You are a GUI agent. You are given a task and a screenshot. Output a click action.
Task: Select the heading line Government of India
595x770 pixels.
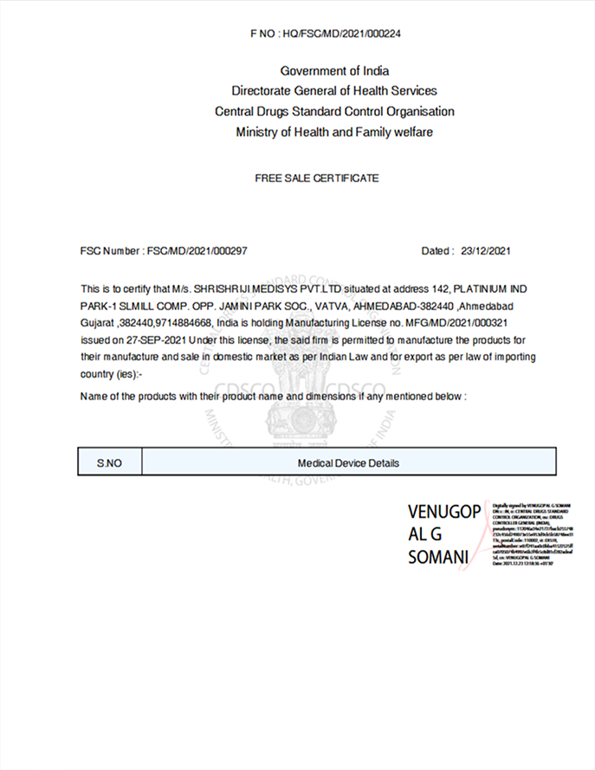pyautogui.click(x=334, y=70)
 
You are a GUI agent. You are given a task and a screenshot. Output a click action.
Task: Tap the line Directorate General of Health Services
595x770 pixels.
pyautogui.click(x=334, y=91)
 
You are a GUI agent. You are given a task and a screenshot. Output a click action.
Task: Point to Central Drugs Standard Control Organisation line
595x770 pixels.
pyautogui.click(x=334, y=112)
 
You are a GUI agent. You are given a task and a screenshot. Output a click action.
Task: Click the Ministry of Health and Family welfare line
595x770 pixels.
pyautogui.click(x=334, y=133)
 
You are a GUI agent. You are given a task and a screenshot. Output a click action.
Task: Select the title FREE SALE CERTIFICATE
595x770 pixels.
pyautogui.click(x=317, y=178)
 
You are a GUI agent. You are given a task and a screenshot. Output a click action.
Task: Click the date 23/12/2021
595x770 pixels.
pyautogui.click(x=487, y=251)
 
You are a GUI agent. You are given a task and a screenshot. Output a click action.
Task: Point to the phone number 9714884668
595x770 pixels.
pyautogui.click(x=186, y=321)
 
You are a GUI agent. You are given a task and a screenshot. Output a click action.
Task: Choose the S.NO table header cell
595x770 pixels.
pyautogui.click(x=109, y=463)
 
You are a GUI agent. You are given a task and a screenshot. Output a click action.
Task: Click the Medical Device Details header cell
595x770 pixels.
pyautogui.click(x=348, y=463)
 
